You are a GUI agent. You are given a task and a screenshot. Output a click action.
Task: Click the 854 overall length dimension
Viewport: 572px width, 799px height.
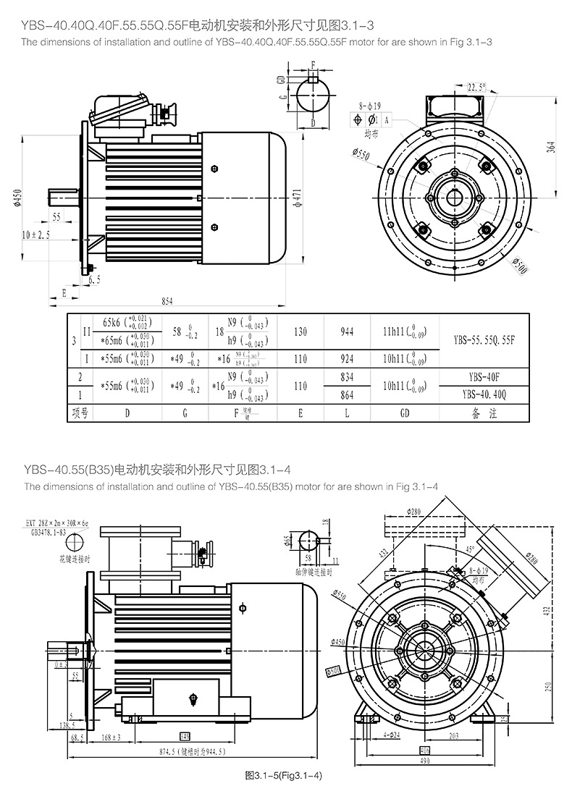click(167, 301)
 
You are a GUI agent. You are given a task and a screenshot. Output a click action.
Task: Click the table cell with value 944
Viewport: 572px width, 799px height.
click(346, 331)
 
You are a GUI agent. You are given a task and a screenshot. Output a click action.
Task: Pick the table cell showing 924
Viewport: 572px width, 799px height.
click(346, 358)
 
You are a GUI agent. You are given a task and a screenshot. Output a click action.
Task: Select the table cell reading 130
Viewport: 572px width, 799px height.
click(300, 331)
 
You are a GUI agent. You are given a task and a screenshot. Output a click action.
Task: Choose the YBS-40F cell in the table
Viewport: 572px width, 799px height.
click(485, 376)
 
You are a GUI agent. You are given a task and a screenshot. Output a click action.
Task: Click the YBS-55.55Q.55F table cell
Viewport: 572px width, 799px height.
click(485, 337)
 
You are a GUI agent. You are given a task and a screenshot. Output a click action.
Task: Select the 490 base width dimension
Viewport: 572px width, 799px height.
click(424, 761)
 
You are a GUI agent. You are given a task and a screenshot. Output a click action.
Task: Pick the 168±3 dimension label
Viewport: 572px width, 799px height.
click(110, 737)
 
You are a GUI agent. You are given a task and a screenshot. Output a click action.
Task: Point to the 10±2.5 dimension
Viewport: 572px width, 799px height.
click(36, 234)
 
